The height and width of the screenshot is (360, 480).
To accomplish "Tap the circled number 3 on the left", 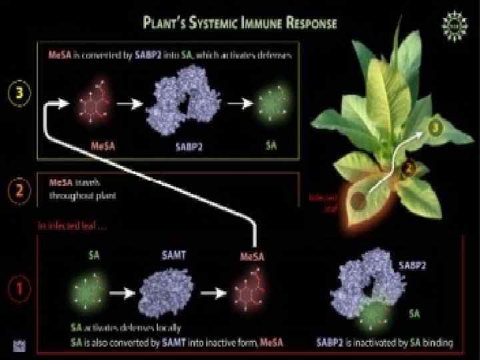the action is pos(23,93).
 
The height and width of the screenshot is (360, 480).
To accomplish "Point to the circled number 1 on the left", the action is pos(21,289).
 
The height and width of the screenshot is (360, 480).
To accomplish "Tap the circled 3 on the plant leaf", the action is pos(434,126).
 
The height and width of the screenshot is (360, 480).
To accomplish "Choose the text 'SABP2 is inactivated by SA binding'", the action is pos(385,343).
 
